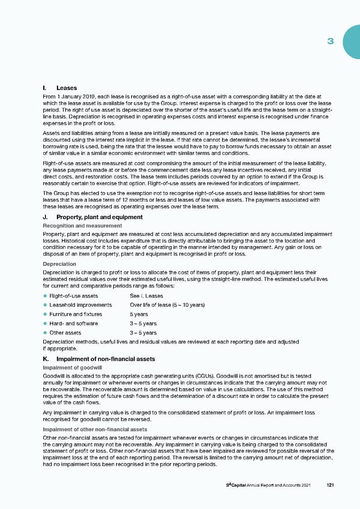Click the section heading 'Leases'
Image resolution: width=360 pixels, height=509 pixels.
(66, 88)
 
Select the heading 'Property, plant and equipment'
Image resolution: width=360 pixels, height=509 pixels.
(99, 217)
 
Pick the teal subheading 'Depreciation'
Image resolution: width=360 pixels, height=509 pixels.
(59, 264)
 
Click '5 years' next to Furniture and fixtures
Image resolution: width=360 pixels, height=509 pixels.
(139, 314)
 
